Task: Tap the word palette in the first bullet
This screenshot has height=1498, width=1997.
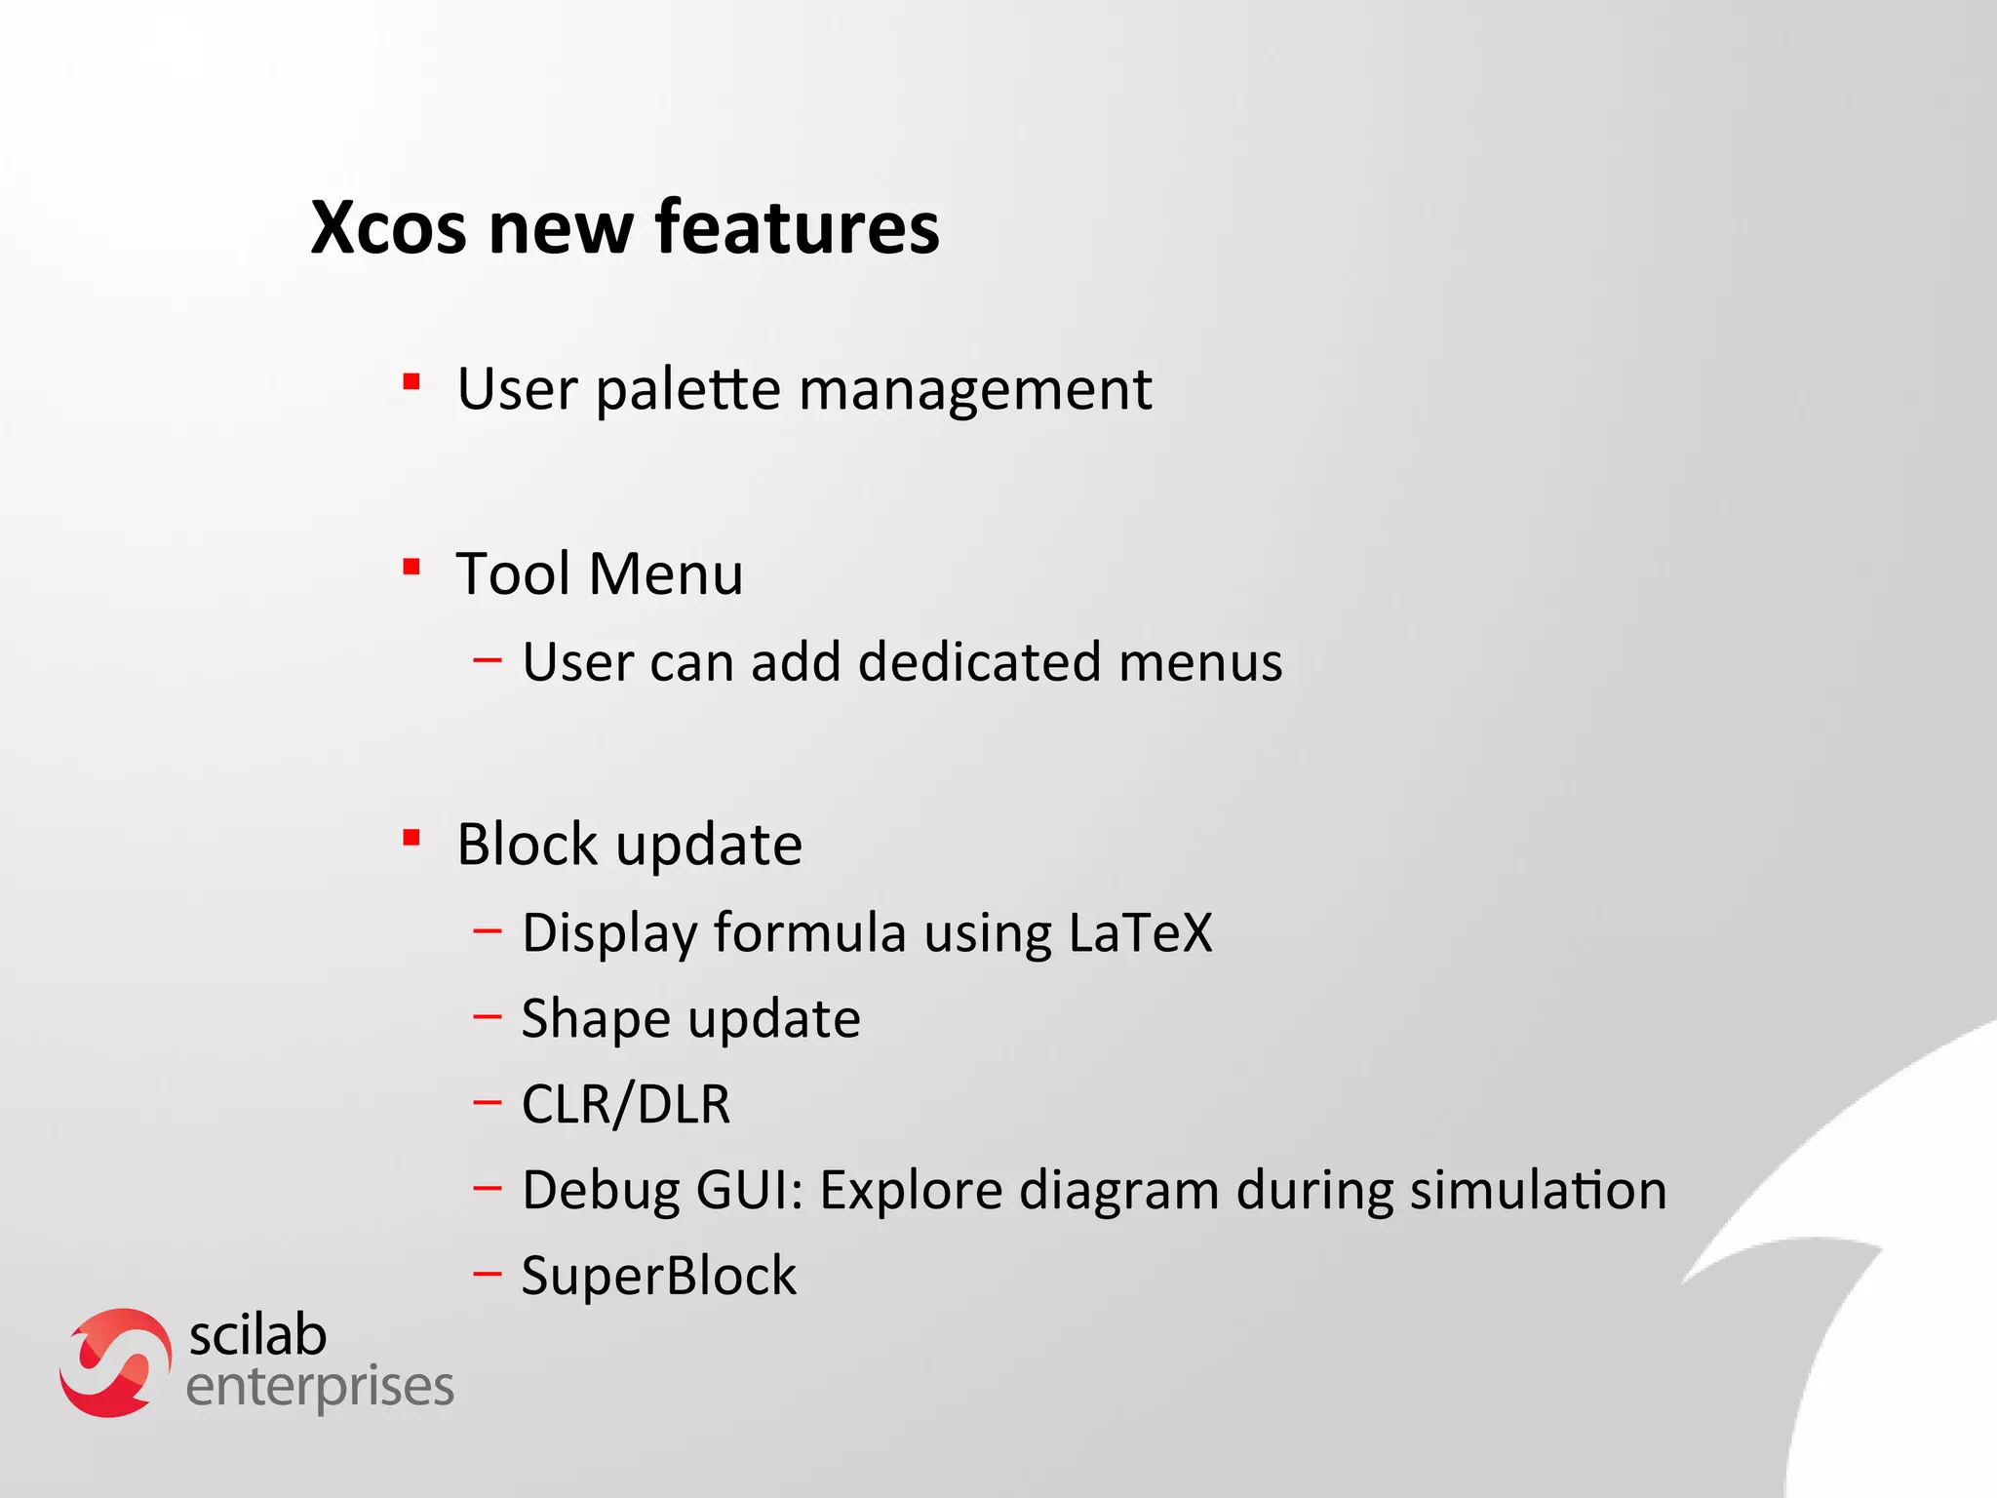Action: point(688,390)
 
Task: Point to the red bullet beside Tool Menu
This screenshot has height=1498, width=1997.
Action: point(411,567)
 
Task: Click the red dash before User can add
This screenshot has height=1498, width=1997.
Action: point(488,660)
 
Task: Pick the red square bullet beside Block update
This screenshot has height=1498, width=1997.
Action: point(411,837)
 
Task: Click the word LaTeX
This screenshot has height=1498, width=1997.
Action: point(1140,932)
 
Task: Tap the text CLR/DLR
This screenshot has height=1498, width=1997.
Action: point(626,1104)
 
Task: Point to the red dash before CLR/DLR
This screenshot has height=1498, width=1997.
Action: point(488,1103)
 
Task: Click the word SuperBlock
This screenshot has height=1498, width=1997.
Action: point(659,1276)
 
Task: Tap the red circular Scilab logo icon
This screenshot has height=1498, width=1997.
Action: point(115,1362)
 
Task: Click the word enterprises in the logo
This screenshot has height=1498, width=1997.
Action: point(320,1387)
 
